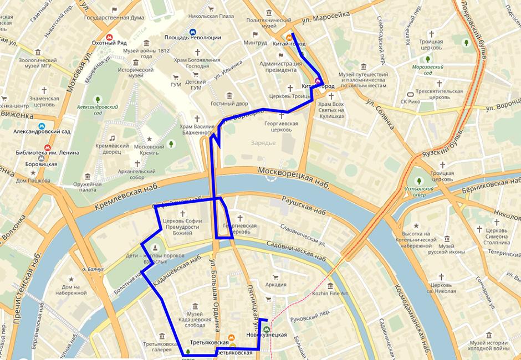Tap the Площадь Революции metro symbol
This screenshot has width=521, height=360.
(192, 32)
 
